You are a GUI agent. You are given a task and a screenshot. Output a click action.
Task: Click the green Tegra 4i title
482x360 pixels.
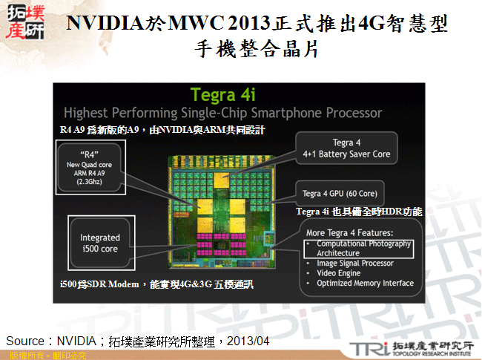[x=223, y=95]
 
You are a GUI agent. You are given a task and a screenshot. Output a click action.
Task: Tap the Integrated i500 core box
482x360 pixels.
[x=100, y=243]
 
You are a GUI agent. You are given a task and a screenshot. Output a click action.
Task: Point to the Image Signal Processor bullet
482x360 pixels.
[x=354, y=263]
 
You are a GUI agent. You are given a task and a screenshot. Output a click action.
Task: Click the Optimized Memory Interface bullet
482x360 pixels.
[x=365, y=282]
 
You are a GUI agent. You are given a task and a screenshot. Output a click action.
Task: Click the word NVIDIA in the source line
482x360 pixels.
[x=75, y=341]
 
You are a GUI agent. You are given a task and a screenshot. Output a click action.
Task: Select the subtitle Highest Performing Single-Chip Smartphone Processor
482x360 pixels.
[x=223, y=113]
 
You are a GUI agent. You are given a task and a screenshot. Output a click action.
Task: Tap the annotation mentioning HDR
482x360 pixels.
[x=359, y=212]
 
